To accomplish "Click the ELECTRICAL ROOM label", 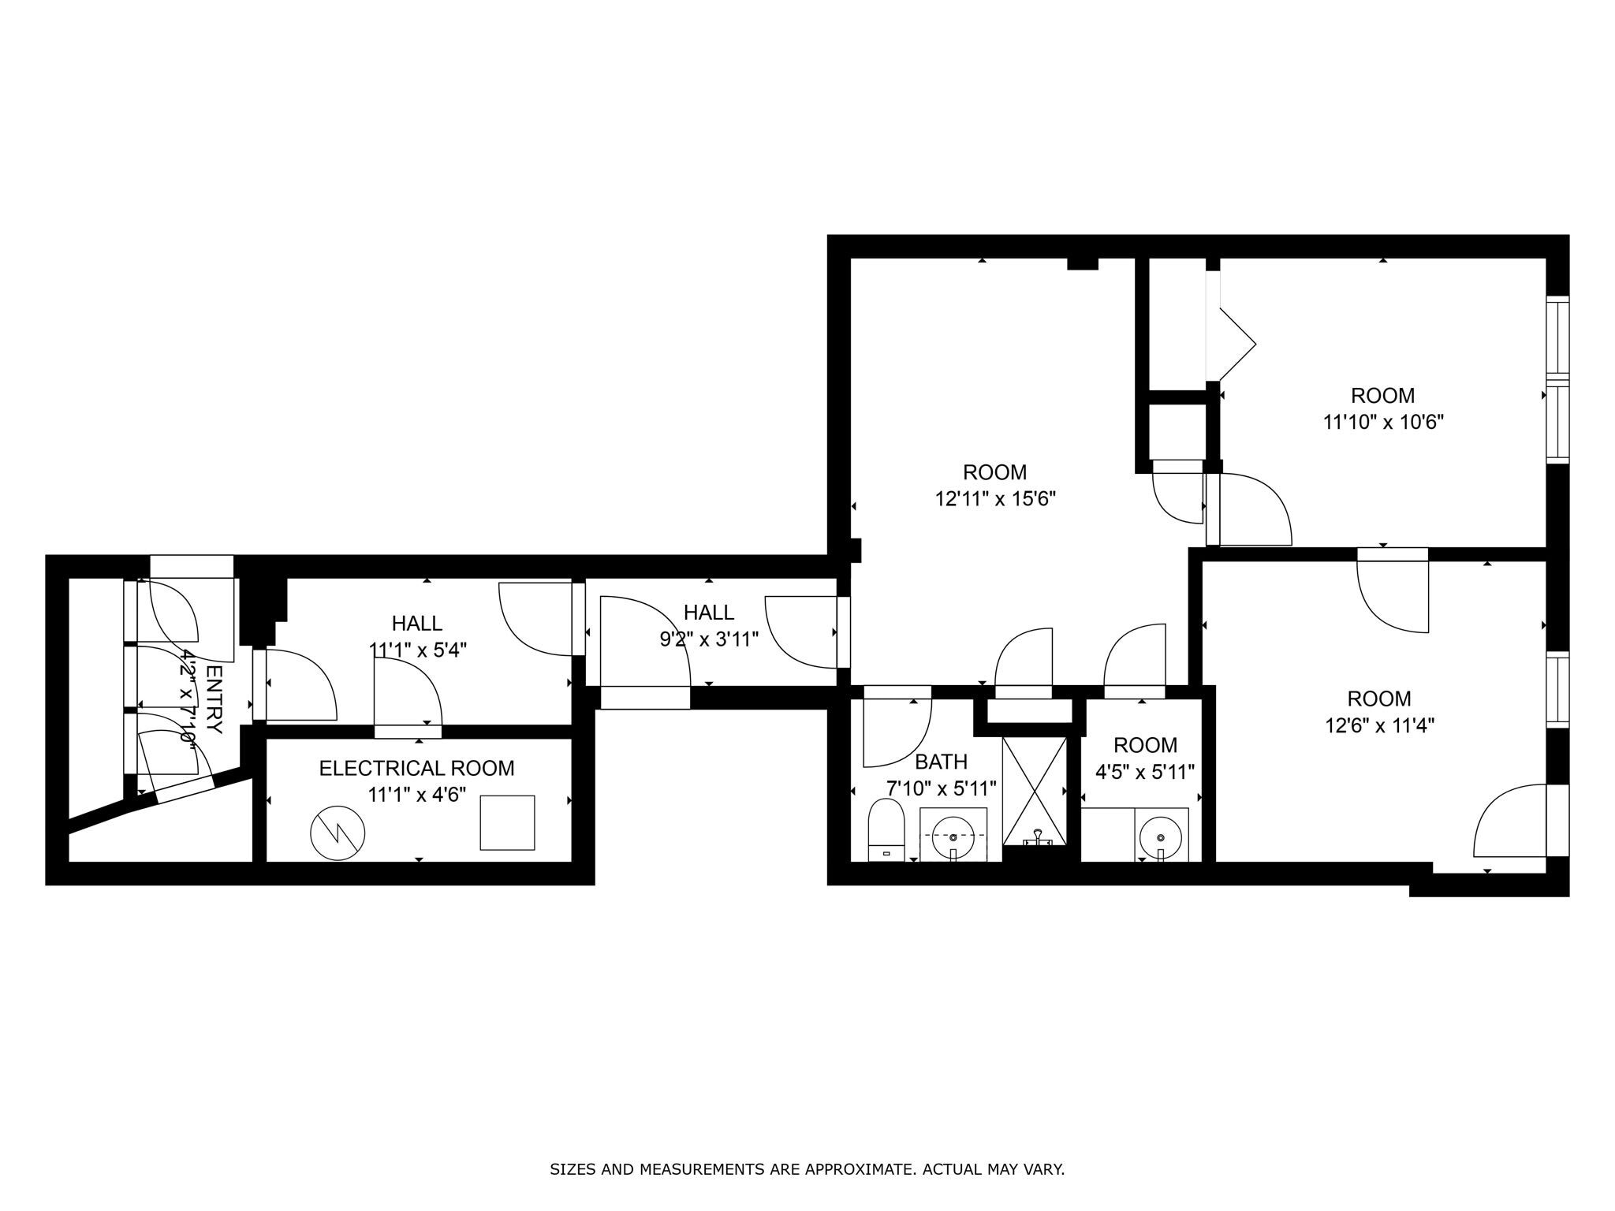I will [x=416, y=768].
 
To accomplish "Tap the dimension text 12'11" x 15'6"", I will [x=995, y=499].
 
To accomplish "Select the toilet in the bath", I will [x=885, y=829].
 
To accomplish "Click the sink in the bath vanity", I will [x=953, y=837].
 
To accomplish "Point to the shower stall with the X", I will [x=1034, y=789].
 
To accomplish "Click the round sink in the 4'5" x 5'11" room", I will [x=1161, y=837].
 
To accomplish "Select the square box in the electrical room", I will [x=507, y=822].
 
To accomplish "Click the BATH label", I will [x=941, y=762].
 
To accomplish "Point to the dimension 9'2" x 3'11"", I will [x=709, y=639].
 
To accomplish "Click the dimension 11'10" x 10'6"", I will [x=1382, y=422].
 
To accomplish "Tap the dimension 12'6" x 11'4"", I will [x=1379, y=725].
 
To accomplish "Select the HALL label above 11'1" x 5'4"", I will [x=416, y=624].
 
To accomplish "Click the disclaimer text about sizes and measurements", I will [x=807, y=1169].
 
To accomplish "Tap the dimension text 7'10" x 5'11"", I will [x=942, y=788].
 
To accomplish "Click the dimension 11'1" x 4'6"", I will [x=416, y=794].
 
